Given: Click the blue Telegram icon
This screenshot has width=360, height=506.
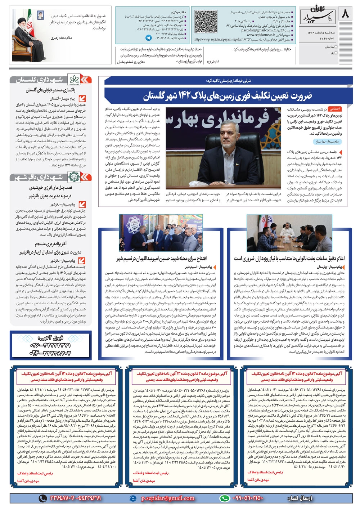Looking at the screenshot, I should pos(149,37).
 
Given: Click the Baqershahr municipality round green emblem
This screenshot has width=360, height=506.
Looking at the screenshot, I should pos(74,177).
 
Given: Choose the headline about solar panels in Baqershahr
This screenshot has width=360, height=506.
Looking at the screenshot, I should pos(50,192).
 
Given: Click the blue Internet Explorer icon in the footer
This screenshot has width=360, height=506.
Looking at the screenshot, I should pos(133,498).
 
